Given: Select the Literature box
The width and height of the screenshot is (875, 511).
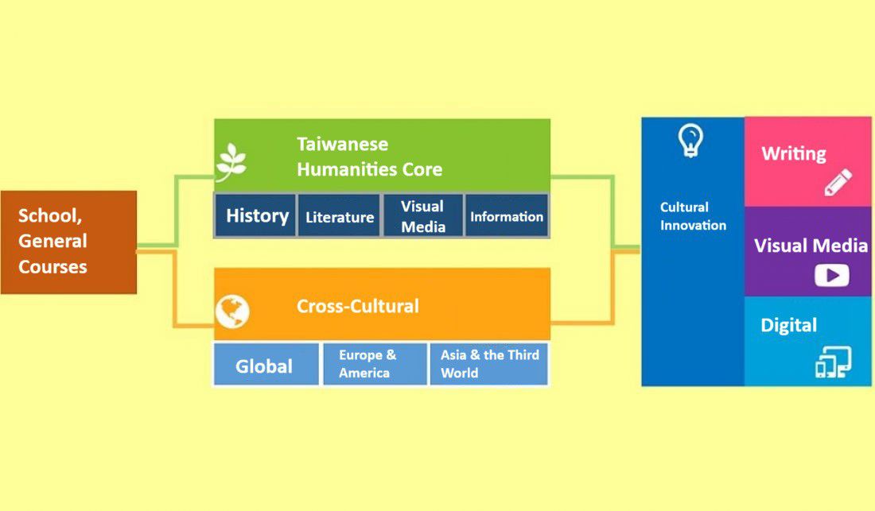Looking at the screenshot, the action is click(x=340, y=215).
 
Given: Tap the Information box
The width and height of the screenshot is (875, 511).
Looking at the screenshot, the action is click(x=506, y=215).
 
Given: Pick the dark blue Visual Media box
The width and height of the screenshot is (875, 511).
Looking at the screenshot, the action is click(x=423, y=215).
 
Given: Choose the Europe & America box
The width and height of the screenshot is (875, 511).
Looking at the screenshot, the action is click(x=375, y=364).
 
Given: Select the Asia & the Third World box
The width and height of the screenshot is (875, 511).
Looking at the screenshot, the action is click(x=489, y=364).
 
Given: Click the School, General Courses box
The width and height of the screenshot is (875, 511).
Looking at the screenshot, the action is click(x=68, y=242).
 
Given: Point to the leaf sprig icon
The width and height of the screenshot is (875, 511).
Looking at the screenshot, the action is click(x=231, y=162).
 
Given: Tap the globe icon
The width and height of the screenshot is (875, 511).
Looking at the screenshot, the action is click(x=232, y=312).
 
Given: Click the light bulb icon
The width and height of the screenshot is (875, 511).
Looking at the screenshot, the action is click(x=690, y=141).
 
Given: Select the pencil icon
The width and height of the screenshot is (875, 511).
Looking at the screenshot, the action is click(x=838, y=182).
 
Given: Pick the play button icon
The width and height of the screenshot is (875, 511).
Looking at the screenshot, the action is click(x=831, y=275).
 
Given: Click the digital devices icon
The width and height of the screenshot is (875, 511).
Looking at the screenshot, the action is click(x=833, y=362).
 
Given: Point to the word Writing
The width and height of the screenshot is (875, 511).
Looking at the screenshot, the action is click(x=794, y=154).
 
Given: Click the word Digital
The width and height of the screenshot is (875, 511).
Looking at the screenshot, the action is click(x=788, y=326).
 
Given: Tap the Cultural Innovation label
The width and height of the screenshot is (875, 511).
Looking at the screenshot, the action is click(x=693, y=216).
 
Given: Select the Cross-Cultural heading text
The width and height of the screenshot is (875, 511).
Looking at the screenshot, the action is click(x=358, y=306).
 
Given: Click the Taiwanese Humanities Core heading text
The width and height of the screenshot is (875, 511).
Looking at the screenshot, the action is click(x=369, y=157).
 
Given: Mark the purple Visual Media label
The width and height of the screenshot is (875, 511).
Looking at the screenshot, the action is click(x=811, y=246).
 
